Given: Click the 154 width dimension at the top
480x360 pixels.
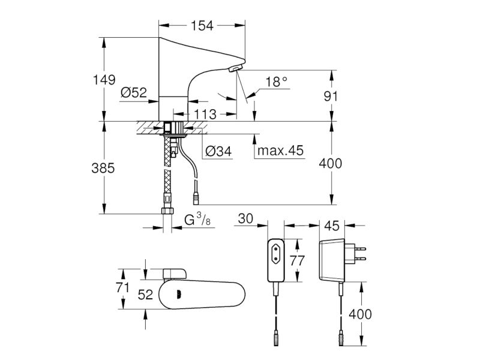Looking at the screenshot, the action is (202, 26).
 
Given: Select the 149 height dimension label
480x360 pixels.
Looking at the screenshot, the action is (104, 80).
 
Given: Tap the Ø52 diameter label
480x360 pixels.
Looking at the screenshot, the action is (134, 92).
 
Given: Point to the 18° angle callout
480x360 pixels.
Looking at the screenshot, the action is (276, 82).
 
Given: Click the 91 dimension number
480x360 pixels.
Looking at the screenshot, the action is (331, 96).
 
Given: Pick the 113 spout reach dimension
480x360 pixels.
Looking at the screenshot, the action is (205, 114).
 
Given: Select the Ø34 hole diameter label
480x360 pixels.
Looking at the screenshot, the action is (218, 151).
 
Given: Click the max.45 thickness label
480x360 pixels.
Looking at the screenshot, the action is (280, 151).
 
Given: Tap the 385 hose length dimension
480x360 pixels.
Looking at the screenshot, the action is (103, 168).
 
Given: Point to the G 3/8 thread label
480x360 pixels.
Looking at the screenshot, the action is (197, 220).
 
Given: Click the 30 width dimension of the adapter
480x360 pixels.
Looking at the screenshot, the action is (245, 218).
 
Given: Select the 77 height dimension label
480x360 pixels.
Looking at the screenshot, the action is (297, 260).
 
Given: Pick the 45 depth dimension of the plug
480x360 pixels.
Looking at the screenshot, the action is (332, 226).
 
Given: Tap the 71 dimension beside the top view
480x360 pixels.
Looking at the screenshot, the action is (122, 287).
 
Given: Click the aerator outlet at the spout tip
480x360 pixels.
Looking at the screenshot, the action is (236, 68).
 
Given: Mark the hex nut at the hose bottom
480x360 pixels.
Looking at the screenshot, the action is (167, 211).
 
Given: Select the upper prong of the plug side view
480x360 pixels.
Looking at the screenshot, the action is (360, 248).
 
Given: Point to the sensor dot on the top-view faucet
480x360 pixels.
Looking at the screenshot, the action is (178, 295).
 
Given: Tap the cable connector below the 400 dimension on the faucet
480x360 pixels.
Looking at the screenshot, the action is (195, 199).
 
